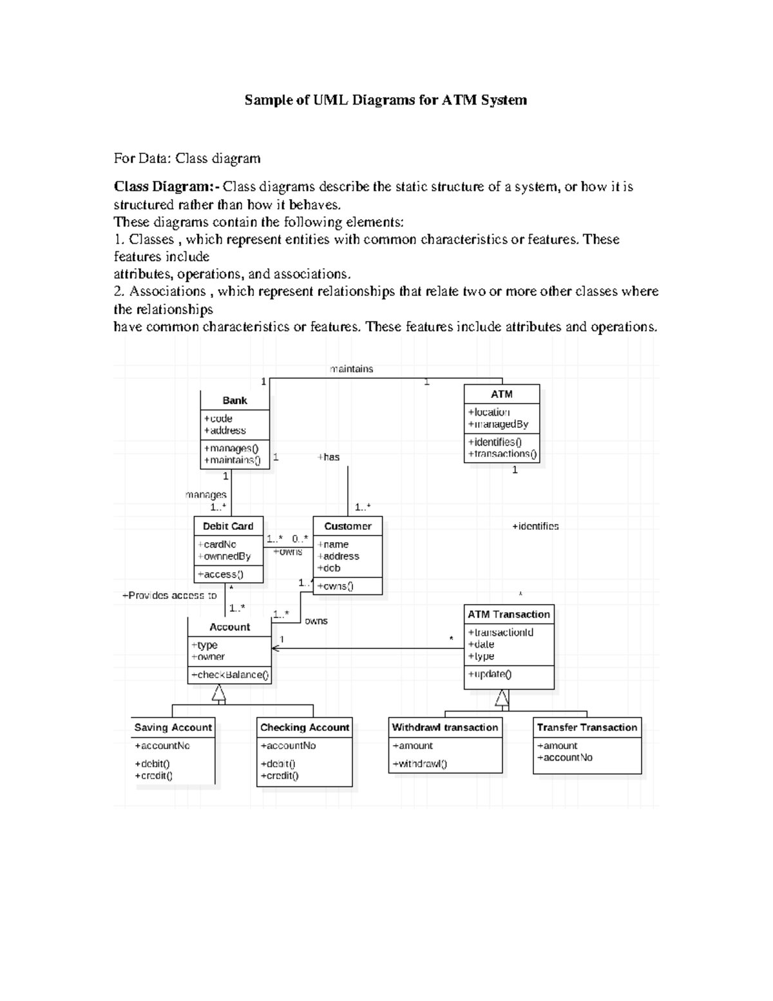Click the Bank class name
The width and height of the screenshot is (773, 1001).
pyautogui.click(x=234, y=400)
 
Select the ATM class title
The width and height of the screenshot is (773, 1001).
pyautogui.click(x=502, y=394)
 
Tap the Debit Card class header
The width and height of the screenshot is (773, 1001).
pyautogui.click(x=228, y=526)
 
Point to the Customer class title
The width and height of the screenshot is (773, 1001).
pyautogui.click(x=348, y=526)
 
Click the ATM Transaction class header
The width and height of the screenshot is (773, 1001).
pyautogui.click(x=509, y=614)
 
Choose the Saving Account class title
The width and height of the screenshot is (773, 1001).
pyautogui.click(x=173, y=727)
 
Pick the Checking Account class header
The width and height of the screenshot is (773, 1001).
pyautogui.click(x=305, y=727)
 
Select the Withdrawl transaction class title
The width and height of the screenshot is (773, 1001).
pyautogui.click(x=445, y=727)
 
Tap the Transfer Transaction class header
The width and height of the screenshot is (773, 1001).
pyautogui.click(x=587, y=727)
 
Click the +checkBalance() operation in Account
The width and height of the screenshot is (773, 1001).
pyautogui.click(x=230, y=675)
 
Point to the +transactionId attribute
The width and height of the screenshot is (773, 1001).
pyautogui.click(x=501, y=632)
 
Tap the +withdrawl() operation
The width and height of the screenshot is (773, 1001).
pyautogui.click(x=419, y=764)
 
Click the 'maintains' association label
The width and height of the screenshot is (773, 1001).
pyautogui.click(x=352, y=369)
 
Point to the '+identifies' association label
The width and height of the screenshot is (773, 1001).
pyautogui.click(x=535, y=526)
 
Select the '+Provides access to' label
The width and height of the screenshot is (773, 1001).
pyautogui.click(x=169, y=596)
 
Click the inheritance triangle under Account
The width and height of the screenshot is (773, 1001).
pyautogui.click(x=219, y=694)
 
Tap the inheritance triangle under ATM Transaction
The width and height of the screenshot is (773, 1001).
pyautogui.click(x=502, y=697)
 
